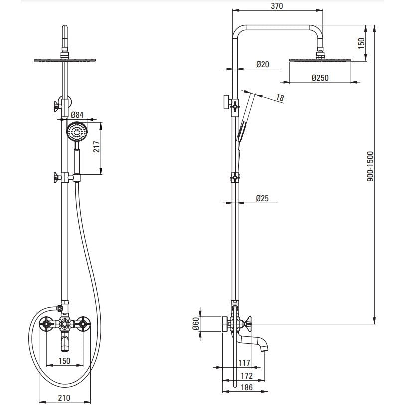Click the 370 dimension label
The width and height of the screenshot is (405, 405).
click(x=277, y=6)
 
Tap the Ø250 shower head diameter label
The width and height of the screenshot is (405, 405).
click(x=320, y=78)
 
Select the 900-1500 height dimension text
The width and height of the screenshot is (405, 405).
click(x=371, y=166)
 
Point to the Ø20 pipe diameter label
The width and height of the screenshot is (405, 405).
click(x=263, y=64)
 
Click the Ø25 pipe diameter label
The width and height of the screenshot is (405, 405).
click(x=262, y=198)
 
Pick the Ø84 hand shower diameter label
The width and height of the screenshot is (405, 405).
click(x=77, y=114)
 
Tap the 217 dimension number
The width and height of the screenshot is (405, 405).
click(x=96, y=147)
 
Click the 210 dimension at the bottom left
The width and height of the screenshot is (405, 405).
click(x=64, y=397)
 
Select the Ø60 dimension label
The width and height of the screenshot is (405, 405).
click(x=196, y=323)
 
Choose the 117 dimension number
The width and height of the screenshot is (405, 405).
click(x=244, y=363)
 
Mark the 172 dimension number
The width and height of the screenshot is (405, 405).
click(x=246, y=376)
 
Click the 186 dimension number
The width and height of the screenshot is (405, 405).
click(x=246, y=387)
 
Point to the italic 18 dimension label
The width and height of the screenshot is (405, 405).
click(x=280, y=98)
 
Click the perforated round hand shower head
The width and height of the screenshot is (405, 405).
click(x=77, y=132)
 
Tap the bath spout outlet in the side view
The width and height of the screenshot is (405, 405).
click(x=264, y=348)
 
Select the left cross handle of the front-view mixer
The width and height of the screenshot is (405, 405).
click(x=46, y=323)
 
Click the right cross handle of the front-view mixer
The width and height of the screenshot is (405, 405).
click(x=82, y=323)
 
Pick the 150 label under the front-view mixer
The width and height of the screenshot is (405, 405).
click(x=64, y=361)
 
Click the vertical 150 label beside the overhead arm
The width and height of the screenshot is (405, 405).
click(x=361, y=43)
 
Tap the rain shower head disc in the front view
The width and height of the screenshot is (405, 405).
click(x=65, y=60)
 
